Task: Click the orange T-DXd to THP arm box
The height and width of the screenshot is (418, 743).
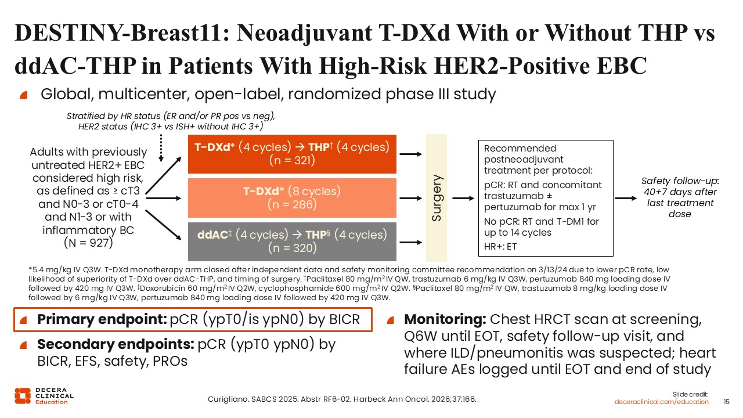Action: [x=292, y=154]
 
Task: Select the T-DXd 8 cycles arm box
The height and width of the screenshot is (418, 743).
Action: [x=292, y=198]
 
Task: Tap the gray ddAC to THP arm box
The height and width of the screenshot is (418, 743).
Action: [x=292, y=242]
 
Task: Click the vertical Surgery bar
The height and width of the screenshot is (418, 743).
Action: [x=436, y=198]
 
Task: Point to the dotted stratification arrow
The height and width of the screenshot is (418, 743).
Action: [x=161, y=148]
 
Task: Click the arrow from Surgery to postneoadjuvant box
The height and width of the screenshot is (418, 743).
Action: [x=463, y=199]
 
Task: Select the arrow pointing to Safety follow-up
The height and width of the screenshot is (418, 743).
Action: [x=626, y=199]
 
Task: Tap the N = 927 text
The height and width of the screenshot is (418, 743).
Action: [x=88, y=243]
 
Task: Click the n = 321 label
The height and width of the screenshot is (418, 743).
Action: [x=292, y=161]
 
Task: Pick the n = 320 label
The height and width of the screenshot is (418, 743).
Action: [x=292, y=248]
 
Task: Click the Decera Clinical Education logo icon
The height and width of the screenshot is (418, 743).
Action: [x=23, y=396]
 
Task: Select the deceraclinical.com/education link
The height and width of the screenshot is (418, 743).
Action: [x=661, y=402]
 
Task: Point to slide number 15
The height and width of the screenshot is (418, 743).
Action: [x=726, y=402]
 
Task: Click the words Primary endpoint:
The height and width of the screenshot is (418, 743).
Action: [x=102, y=319]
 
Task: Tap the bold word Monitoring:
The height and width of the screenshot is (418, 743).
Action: [x=445, y=319]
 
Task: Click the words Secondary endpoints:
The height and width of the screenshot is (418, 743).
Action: [x=116, y=344]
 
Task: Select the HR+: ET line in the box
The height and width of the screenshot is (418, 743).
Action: [x=500, y=247]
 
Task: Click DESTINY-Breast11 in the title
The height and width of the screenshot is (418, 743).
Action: [x=117, y=33]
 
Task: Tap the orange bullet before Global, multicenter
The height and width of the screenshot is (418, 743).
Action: [x=24, y=95]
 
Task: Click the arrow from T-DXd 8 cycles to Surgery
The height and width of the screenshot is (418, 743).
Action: [x=410, y=199]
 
